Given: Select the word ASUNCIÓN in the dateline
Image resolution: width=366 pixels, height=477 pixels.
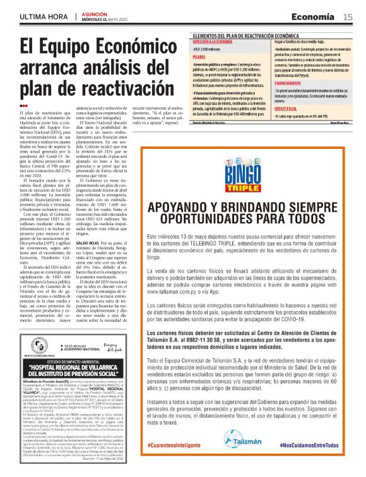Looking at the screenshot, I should click(x=95, y=13).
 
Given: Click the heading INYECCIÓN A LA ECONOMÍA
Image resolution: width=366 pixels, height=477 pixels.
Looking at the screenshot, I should click(x=216, y=41).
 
